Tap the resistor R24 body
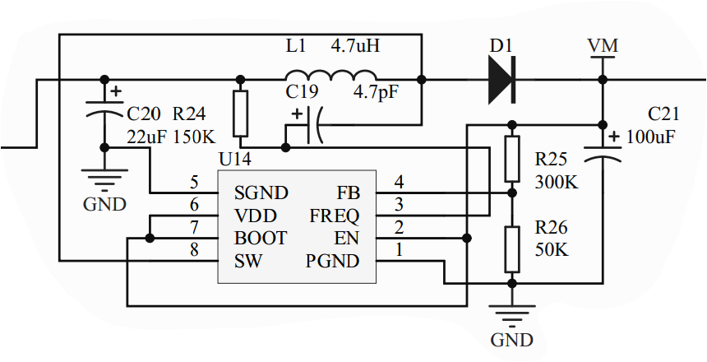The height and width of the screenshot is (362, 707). click(240, 114)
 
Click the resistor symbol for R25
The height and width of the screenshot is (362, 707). click(511, 159)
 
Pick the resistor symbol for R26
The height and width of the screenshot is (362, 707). click(511, 249)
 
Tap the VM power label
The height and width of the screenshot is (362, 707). click(603, 46)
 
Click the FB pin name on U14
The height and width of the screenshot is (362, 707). click(348, 193)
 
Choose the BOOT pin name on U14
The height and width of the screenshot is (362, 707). click(261, 239)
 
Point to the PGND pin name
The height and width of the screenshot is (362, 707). click(333, 262)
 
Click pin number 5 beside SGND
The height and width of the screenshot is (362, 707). click(194, 182)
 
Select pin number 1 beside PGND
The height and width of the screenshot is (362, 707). click(399, 251)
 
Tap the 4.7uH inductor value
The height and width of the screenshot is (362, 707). click(355, 46)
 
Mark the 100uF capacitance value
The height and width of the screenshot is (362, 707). click(650, 137)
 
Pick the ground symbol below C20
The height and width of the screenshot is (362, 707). click(104, 179)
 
